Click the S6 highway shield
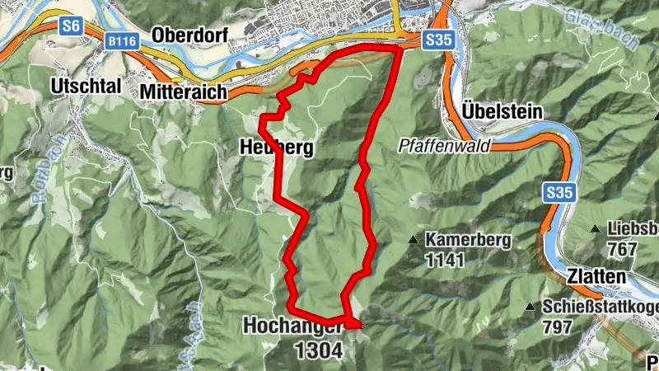[x=71, y=26]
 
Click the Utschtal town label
[x=86, y=85]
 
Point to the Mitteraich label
[x=183, y=92]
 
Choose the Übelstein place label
[x=502, y=110]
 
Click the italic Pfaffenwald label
[x=443, y=146]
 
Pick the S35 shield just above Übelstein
[x=437, y=40]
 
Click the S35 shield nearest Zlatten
[x=558, y=193]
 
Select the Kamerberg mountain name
[x=469, y=241]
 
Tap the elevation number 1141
[x=446, y=260]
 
